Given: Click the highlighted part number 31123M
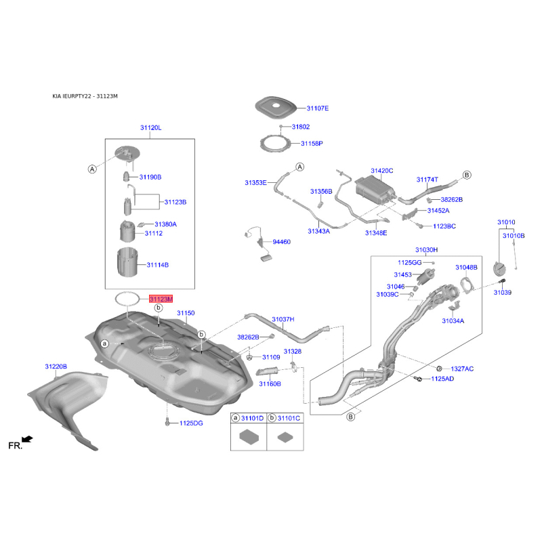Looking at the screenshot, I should (161, 298).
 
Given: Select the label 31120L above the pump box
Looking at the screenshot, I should (151, 127).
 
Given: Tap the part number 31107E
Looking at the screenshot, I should (317, 108).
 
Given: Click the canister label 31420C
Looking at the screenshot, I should (381, 171).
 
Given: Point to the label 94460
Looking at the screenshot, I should (281, 241).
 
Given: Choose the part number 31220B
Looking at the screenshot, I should (56, 367).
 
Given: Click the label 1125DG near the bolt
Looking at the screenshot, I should (191, 423).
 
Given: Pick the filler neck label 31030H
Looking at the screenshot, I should (426, 250).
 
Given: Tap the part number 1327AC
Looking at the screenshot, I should (462, 369).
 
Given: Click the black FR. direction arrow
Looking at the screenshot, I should (28, 440).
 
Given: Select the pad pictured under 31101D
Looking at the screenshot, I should (249, 436).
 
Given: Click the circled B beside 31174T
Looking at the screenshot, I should (466, 175).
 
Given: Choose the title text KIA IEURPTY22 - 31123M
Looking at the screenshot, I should (85, 96).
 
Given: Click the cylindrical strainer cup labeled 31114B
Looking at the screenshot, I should (127, 264).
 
